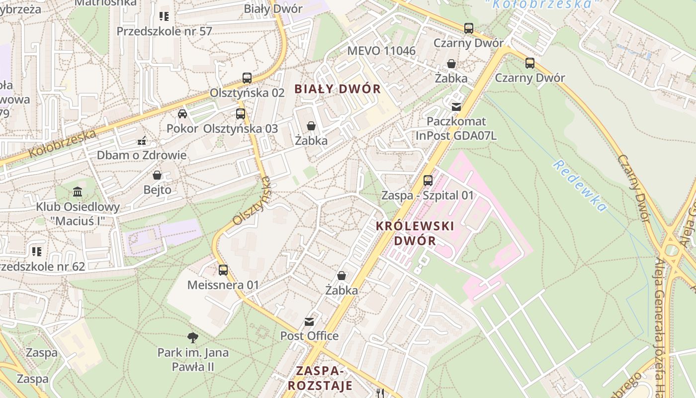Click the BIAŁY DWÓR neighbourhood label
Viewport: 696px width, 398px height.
337,90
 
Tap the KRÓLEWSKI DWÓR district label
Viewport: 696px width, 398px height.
415,233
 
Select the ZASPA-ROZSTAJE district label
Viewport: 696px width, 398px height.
320,378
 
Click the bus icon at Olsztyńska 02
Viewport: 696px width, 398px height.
247,78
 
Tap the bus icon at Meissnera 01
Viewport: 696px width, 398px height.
223,270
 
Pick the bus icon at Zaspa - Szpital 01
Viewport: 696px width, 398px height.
428,181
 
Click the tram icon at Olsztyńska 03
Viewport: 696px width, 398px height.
241,113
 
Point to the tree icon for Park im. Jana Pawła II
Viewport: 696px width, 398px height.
193,338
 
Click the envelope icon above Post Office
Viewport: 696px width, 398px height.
309,321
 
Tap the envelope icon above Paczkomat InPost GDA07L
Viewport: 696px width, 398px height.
456,106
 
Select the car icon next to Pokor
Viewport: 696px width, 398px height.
182,113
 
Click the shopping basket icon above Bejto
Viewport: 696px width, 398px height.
157,175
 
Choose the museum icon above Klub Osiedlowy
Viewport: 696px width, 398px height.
78,192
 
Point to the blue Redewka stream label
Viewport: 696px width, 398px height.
580,186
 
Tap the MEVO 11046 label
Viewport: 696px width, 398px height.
381,51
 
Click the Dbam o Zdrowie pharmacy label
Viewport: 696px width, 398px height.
141,155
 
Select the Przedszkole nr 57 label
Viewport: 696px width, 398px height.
164,31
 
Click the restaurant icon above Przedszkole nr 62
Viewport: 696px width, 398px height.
37,252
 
